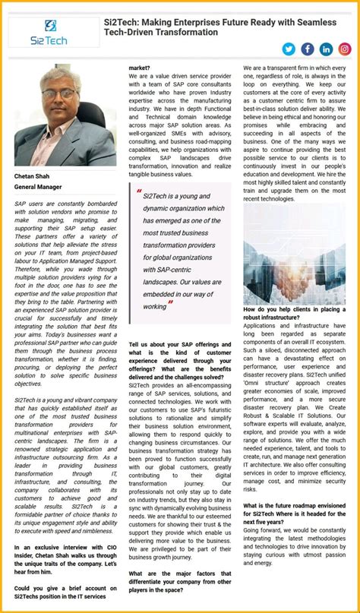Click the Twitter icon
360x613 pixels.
[x=289, y=49]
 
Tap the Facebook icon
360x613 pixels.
[x=308, y=49]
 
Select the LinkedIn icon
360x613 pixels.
[x=327, y=49]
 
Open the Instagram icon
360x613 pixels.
[x=345, y=49]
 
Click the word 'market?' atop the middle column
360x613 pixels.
[x=141, y=68]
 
